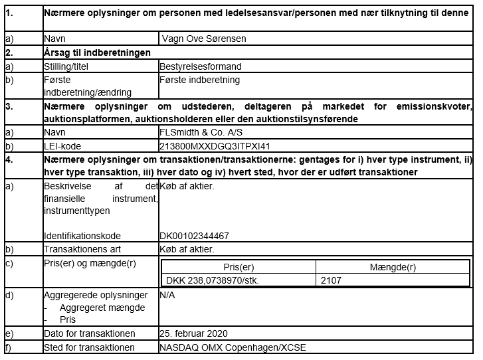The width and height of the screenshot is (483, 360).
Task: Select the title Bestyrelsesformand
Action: coord(201,66)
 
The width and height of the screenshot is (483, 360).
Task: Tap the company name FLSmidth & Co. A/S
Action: coord(199,132)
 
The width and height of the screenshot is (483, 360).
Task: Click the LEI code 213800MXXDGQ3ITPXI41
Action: coord(215,145)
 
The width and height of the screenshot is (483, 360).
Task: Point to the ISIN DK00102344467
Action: coord(195,236)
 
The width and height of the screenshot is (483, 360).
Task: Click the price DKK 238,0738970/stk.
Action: coord(213,280)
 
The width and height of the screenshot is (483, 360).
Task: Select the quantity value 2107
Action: coord(330,280)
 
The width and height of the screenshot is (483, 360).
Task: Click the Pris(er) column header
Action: coord(239,267)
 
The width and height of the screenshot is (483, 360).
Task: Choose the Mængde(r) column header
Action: coord(393,267)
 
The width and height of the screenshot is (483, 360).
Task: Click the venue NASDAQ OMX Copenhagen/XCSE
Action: coord(233,347)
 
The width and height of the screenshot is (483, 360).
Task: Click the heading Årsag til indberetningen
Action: coord(97,52)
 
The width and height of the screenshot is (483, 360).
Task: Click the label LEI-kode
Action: coord(62,145)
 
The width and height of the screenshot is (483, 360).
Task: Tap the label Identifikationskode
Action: coord(82,236)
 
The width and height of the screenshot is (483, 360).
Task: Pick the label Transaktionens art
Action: coord(82,250)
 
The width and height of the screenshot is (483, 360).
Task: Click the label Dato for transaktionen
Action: coord(89,333)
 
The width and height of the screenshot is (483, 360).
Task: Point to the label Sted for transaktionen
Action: coord(89,347)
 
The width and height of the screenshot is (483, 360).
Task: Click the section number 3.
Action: coord(9,106)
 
